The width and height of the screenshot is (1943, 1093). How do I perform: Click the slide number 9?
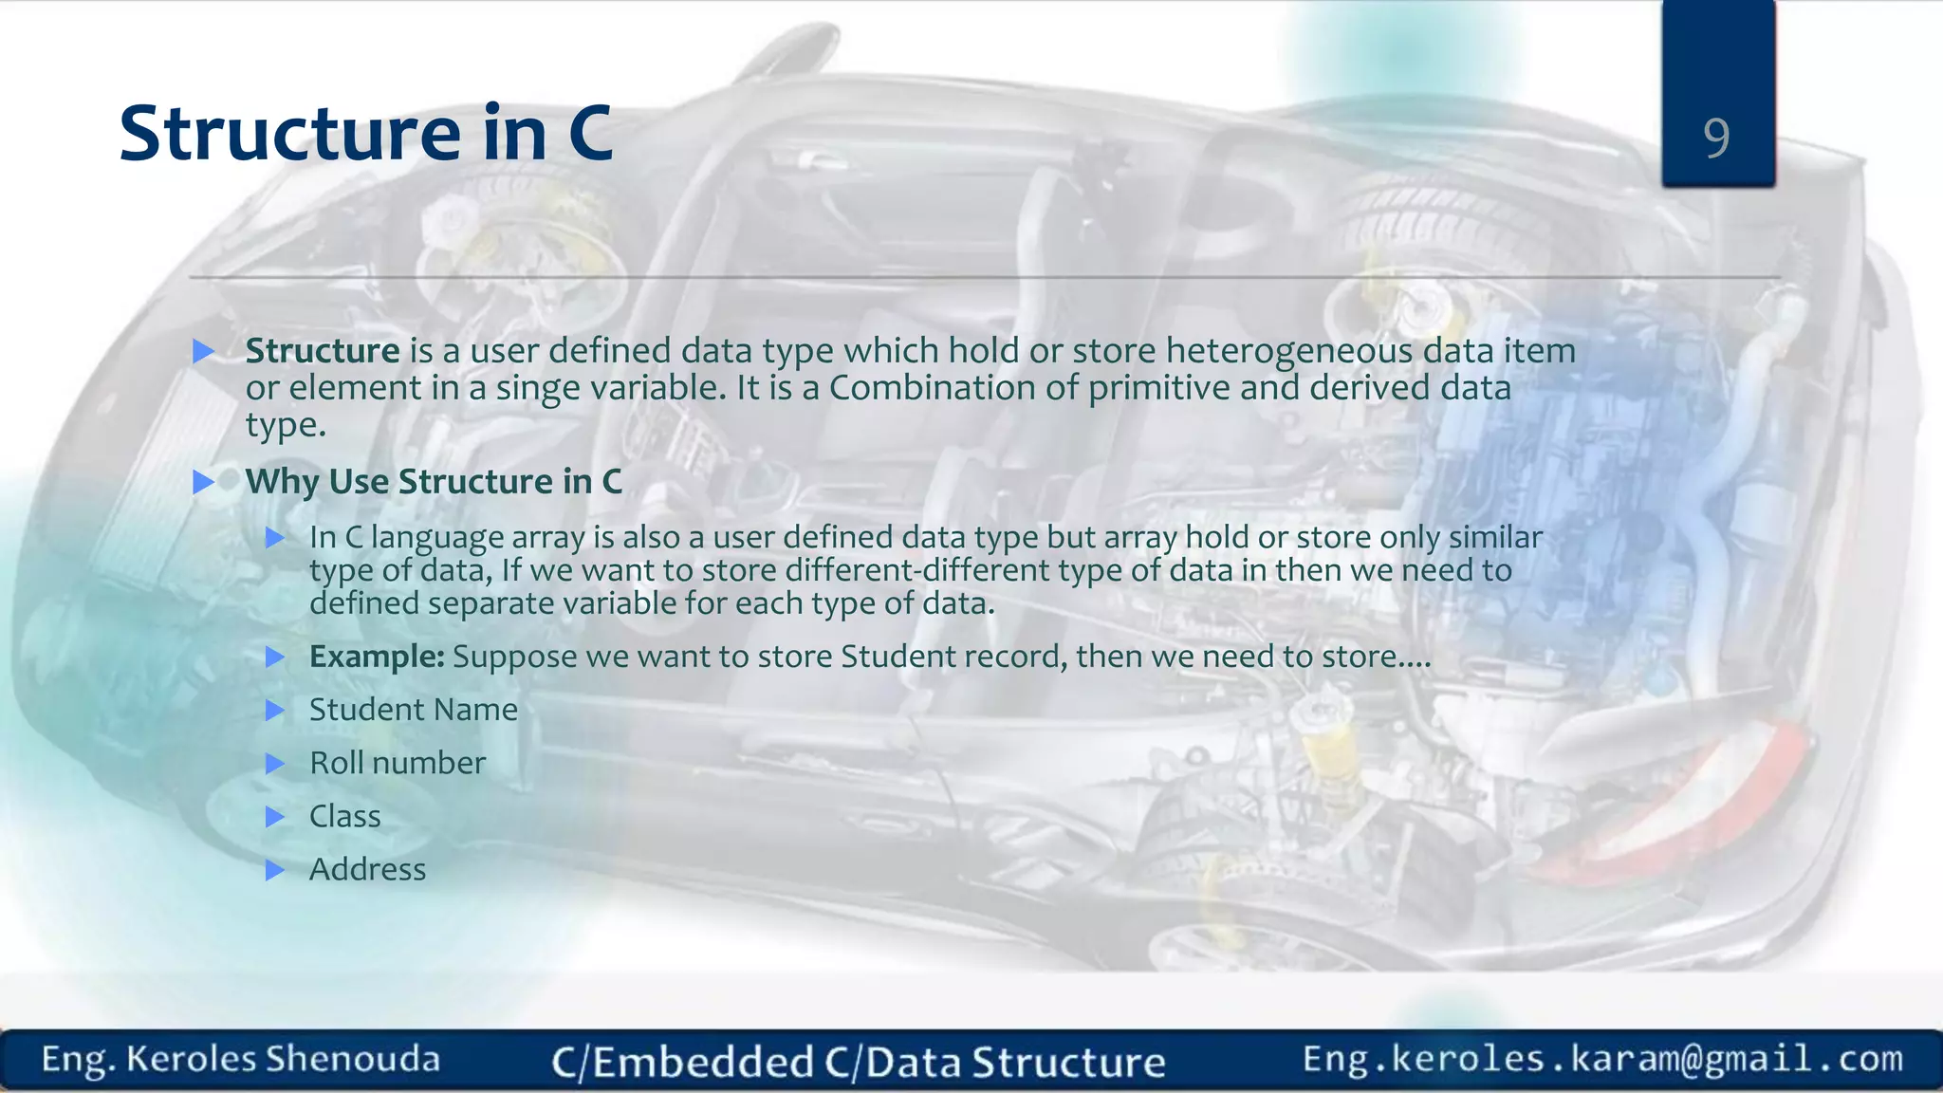click(x=1716, y=139)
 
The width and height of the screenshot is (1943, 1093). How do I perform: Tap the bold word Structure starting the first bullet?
click(x=323, y=351)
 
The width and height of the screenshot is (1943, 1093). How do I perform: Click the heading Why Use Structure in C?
click(x=434, y=482)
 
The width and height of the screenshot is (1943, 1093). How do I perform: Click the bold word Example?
click(x=377, y=657)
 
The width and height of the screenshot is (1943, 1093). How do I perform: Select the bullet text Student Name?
click(x=414, y=710)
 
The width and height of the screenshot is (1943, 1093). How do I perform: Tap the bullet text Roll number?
click(x=398, y=763)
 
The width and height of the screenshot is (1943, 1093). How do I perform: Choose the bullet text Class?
click(x=345, y=816)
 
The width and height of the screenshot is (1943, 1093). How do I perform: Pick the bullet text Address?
click(x=368, y=869)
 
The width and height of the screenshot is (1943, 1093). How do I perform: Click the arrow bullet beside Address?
click(x=274, y=870)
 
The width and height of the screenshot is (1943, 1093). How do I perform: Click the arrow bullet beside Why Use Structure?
click(x=203, y=482)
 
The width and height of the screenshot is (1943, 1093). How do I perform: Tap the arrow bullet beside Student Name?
click(x=274, y=711)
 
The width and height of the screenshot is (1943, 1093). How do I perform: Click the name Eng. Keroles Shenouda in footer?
click(x=241, y=1060)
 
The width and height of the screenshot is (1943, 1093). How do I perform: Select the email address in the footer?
click(x=1602, y=1059)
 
